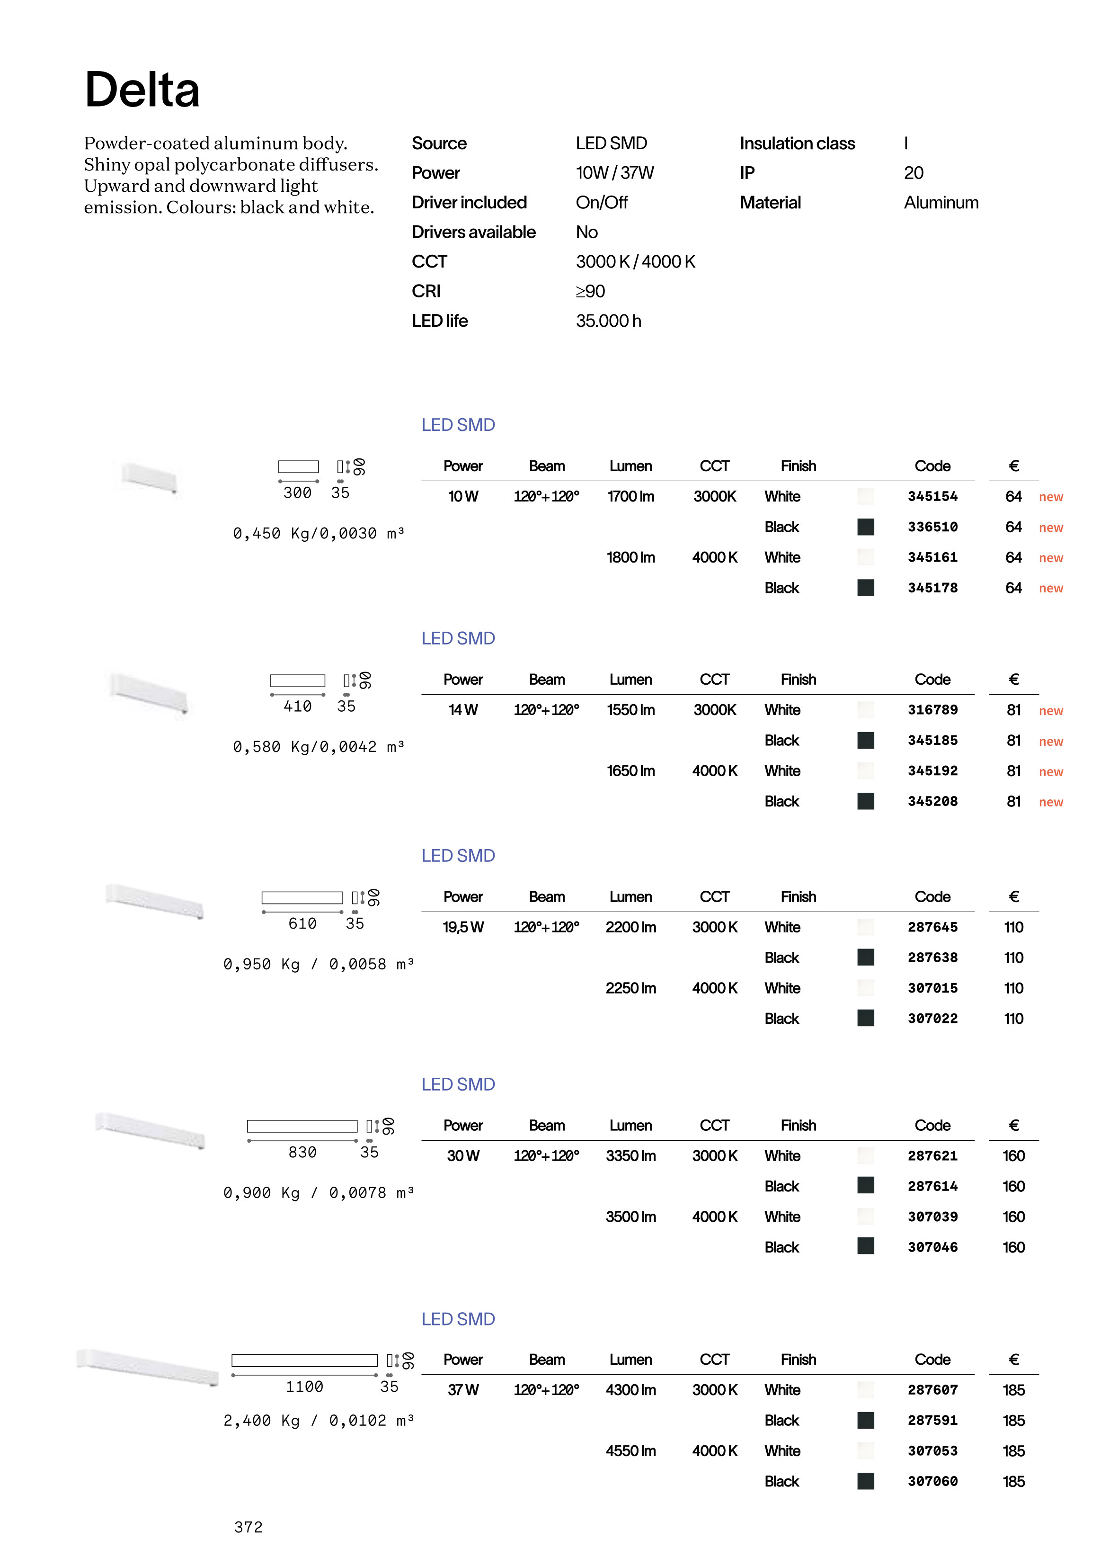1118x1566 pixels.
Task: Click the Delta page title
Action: click(x=142, y=90)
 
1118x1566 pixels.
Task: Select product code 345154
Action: click(x=932, y=497)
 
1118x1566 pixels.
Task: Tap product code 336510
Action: click(x=932, y=527)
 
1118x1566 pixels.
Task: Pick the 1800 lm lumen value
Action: click(x=630, y=557)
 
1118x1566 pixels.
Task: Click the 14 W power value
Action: click(x=462, y=710)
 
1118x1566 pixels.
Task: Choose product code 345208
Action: click(x=932, y=801)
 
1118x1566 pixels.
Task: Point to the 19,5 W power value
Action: click(x=462, y=927)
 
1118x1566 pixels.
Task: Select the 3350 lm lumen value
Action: click(x=630, y=1155)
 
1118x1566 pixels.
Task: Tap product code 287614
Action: click(x=932, y=1186)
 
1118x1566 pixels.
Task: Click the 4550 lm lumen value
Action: click(x=630, y=1451)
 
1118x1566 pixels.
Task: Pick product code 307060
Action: click(x=932, y=1481)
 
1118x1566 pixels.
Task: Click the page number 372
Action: click(x=248, y=1528)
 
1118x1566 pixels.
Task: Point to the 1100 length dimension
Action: click(x=304, y=1386)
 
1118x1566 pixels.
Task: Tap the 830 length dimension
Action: click(x=302, y=1152)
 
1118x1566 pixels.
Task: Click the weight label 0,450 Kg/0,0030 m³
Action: click(x=318, y=534)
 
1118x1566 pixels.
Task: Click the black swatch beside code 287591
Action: click(x=865, y=1420)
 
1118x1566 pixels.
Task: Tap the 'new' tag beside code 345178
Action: click(x=1050, y=588)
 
